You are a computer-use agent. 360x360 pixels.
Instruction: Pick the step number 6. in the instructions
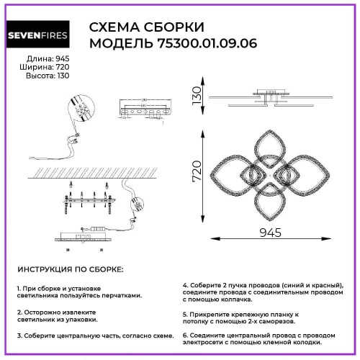186,336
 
